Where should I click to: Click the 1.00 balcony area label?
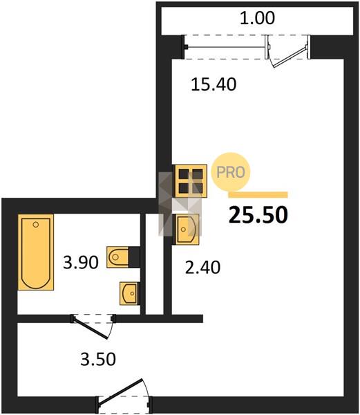[x=257, y=19]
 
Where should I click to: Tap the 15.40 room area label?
[x=214, y=84]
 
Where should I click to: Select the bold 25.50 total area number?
[x=258, y=214]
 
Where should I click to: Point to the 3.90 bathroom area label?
[x=81, y=263]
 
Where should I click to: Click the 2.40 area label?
[x=202, y=267]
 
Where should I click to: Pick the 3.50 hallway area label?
[x=98, y=359]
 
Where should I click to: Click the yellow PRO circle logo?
[x=231, y=172]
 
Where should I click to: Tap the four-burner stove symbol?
[x=190, y=181]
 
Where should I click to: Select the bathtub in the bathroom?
[x=36, y=252]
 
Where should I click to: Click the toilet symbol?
[x=117, y=257]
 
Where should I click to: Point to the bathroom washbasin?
[x=129, y=293]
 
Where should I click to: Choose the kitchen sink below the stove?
[x=186, y=230]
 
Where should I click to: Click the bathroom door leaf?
[x=91, y=328]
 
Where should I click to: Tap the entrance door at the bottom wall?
[x=120, y=392]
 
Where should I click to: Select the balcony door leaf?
[x=290, y=57]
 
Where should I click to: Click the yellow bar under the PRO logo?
[x=258, y=195]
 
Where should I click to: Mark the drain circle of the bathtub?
[x=36, y=225]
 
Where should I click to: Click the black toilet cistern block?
[x=134, y=257]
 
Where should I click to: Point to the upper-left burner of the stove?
[x=183, y=174]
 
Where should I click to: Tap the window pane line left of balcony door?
[x=226, y=47]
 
